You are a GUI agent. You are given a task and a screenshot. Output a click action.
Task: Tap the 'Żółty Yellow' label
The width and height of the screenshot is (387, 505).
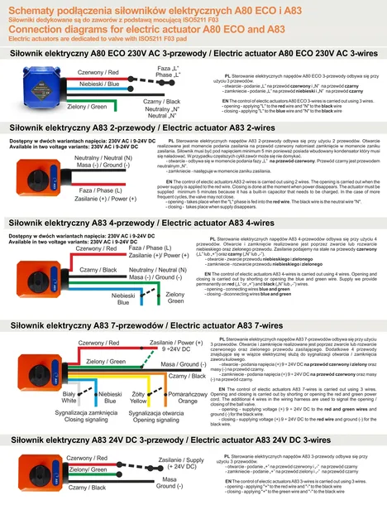point(139,398)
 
